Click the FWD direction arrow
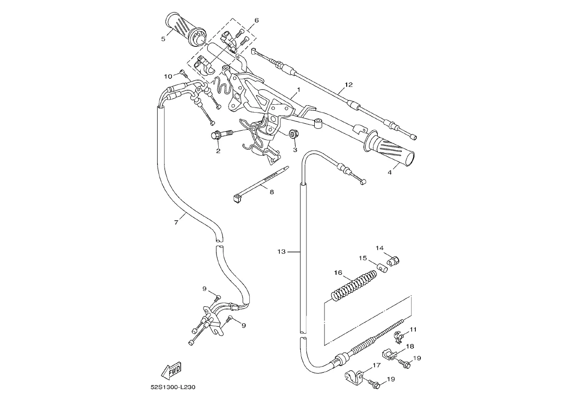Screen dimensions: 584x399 [x=171, y=371]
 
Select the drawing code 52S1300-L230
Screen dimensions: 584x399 [x=173, y=387]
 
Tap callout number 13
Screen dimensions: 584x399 [x=282, y=252]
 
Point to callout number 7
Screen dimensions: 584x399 [x=176, y=222]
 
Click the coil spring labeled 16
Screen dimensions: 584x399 [x=354, y=286]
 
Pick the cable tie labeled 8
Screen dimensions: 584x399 [x=261, y=184]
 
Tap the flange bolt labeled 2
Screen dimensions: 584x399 [x=223, y=134]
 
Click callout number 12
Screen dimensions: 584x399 [x=349, y=85]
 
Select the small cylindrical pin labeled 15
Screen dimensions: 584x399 [x=382, y=268]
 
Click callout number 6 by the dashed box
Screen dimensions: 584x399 [x=257, y=20]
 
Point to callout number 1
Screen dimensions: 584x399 [x=299, y=89]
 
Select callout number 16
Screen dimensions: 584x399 [x=338, y=272]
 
